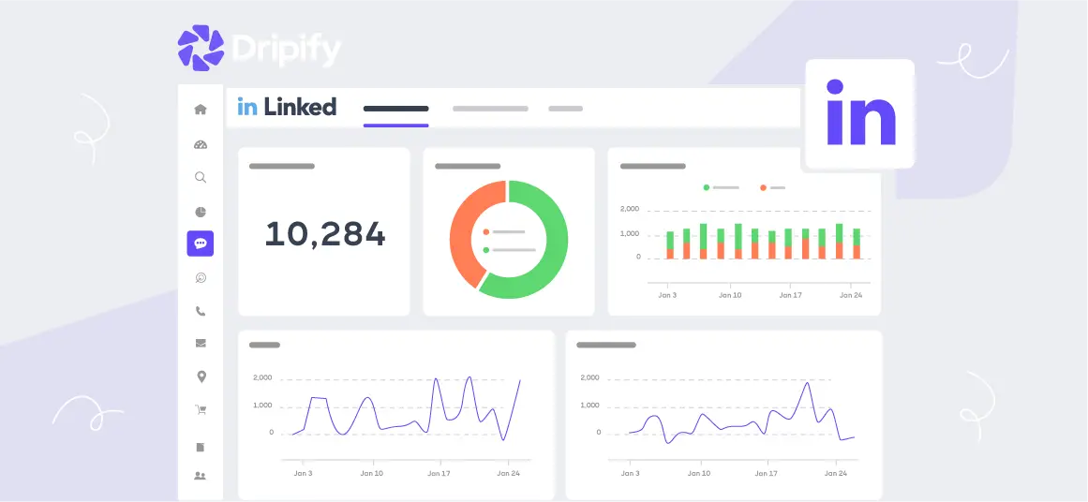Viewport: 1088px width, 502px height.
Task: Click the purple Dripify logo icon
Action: click(x=201, y=48)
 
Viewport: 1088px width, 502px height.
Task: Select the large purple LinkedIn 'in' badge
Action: click(x=859, y=114)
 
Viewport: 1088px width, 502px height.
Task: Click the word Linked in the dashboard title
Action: click(x=299, y=107)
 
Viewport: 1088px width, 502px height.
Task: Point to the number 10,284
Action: click(x=324, y=234)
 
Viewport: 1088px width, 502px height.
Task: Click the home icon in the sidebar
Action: click(x=200, y=110)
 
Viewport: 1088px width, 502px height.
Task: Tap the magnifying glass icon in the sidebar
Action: click(x=200, y=177)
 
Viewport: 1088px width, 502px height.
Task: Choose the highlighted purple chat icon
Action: click(x=200, y=244)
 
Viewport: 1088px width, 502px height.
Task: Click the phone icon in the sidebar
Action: click(x=200, y=311)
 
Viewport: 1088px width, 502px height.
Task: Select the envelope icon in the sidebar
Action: click(x=200, y=344)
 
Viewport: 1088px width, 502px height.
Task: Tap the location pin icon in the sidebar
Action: click(x=200, y=376)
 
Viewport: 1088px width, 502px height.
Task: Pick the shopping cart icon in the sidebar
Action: click(x=200, y=409)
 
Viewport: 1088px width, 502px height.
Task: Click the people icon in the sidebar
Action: click(x=200, y=476)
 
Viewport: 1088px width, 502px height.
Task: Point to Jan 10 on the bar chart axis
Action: click(x=730, y=295)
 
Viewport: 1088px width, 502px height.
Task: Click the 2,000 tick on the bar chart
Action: click(x=630, y=209)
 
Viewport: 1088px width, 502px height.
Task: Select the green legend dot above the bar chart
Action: click(x=707, y=187)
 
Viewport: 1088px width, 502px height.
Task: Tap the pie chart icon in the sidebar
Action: click(x=200, y=212)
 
